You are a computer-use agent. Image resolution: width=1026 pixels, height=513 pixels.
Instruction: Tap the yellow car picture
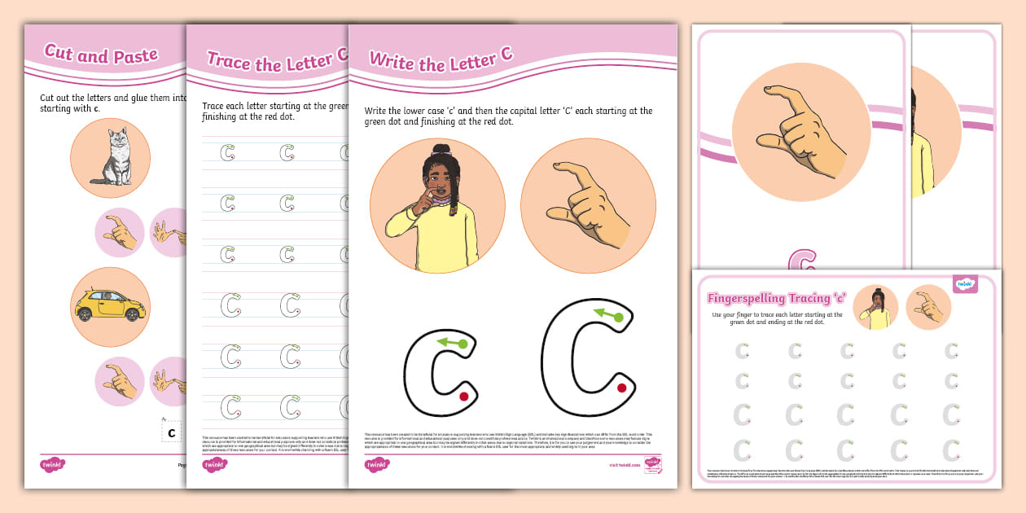pyautogui.click(x=110, y=305)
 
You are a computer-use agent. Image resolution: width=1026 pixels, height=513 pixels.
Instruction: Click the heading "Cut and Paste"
pyautogui.click(x=101, y=55)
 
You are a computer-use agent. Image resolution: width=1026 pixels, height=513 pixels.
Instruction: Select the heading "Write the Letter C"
pyautogui.click(x=441, y=60)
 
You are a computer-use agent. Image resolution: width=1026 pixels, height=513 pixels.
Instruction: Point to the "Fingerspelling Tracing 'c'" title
pyautogui.click(x=777, y=298)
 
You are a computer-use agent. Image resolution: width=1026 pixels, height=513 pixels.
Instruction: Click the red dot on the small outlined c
pyautogui.click(x=463, y=397)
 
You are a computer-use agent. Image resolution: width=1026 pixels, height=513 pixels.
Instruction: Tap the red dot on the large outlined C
pyautogui.click(x=621, y=388)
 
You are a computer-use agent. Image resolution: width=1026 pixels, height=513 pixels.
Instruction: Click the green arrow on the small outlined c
pyautogui.click(x=452, y=343)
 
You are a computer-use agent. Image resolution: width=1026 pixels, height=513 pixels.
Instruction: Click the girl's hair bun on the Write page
pyautogui.click(x=441, y=151)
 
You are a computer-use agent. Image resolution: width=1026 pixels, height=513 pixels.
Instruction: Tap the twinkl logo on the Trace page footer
pyautogui.click(x=214, y=465)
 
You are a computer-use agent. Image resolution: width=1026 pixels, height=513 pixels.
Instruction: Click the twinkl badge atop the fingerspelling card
pyautogui.click(x=965, y=283)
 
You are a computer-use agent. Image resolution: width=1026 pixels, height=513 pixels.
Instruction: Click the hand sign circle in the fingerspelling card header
pyautogui.click(x=928, y=307)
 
